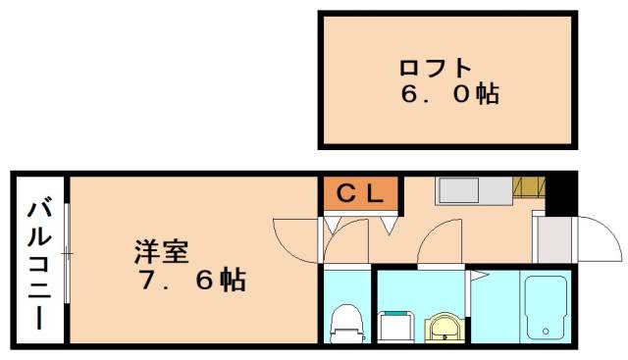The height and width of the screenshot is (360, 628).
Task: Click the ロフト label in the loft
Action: coord(435,69)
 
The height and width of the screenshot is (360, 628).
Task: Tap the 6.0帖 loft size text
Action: coord(449,95)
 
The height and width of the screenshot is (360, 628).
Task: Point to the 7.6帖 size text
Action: coord(190,282)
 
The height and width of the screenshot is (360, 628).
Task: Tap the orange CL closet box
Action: coord(361,194)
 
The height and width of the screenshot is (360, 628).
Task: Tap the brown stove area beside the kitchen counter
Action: coord(530,186)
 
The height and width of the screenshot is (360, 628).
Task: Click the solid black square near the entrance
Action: coord(561,193)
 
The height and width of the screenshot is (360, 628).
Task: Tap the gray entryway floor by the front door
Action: coord(552,237)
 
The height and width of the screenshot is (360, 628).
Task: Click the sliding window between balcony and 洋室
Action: coord(67,254)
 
